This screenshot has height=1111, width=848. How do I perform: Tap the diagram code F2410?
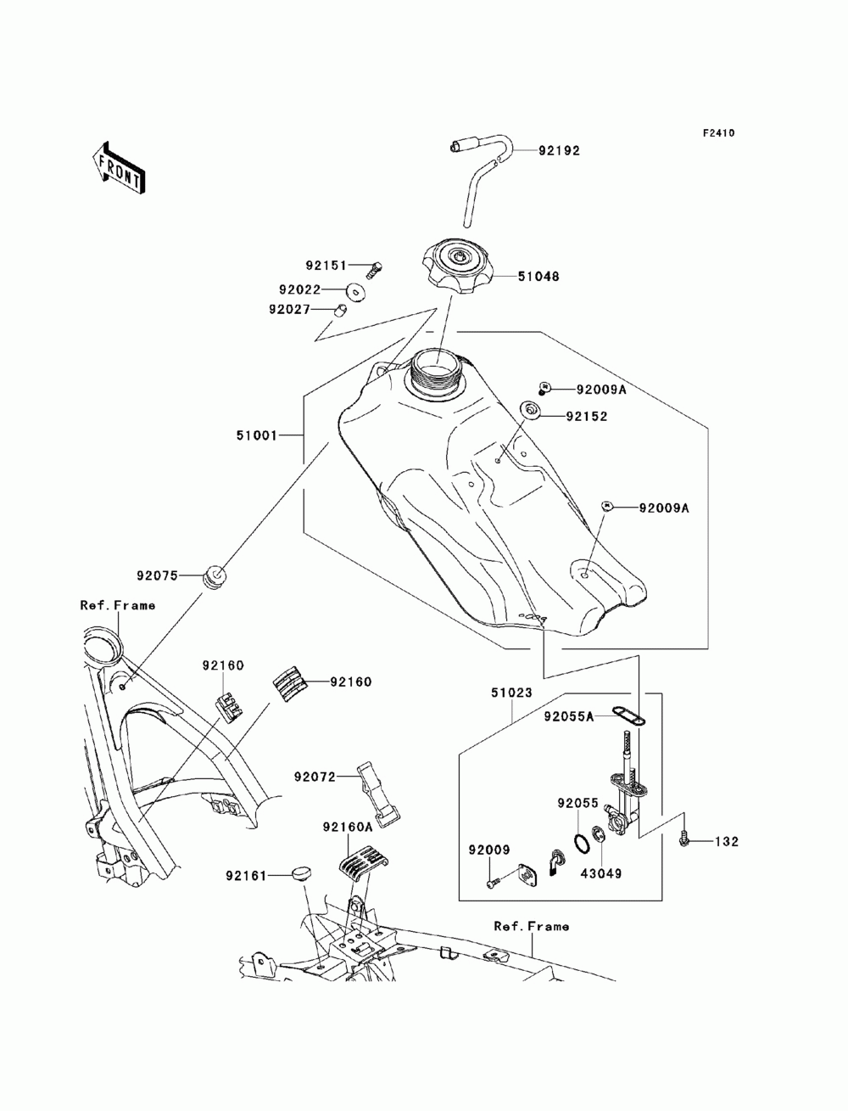[x=718, y=133]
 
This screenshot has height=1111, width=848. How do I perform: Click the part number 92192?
[x=559, y=151]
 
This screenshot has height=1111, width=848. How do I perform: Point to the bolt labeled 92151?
[x=374, y=269]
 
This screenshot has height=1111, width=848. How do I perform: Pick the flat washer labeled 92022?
[x=356, y=292]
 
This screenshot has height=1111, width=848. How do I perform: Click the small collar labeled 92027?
[x=340, y=309]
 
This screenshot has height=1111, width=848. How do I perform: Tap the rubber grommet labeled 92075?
[x=215, y=577]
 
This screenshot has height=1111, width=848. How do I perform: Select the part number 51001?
[x=256, y=435]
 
